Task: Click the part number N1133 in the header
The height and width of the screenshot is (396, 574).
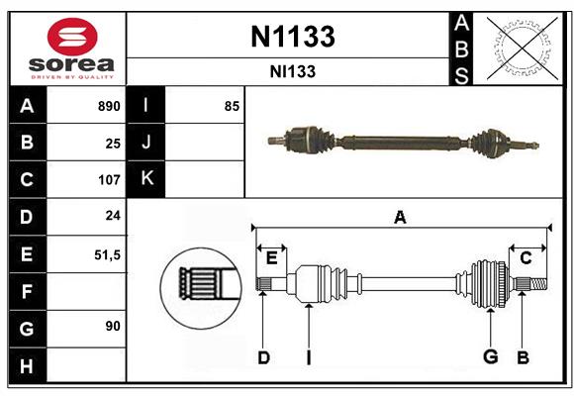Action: click(x=291, y=37)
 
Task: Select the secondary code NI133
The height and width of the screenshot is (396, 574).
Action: click(x=291, y=71)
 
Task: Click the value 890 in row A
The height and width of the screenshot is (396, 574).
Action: click(x=108, y=106)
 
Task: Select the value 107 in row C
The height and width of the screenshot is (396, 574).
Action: click(x=108, y=180)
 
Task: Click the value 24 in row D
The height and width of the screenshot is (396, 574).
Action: click(x=113, y=217)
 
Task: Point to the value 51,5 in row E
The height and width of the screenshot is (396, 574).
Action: click(x=107, y=254)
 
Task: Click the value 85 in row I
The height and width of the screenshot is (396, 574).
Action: click(x=232, y=106)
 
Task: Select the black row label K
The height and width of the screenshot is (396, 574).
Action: click(x=146, y=179)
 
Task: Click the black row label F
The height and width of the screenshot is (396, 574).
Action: click(x=27, y=291)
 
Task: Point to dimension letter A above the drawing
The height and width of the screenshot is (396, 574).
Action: click(x=400, y=217)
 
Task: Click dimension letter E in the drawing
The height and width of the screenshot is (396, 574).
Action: click(x=271, y=258)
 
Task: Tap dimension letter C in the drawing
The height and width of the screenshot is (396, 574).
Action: click(x=526, y=257)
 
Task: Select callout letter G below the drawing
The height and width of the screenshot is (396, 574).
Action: click(x=489, y=356)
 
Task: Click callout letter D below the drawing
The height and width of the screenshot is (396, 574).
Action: click(x=263, y=356)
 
